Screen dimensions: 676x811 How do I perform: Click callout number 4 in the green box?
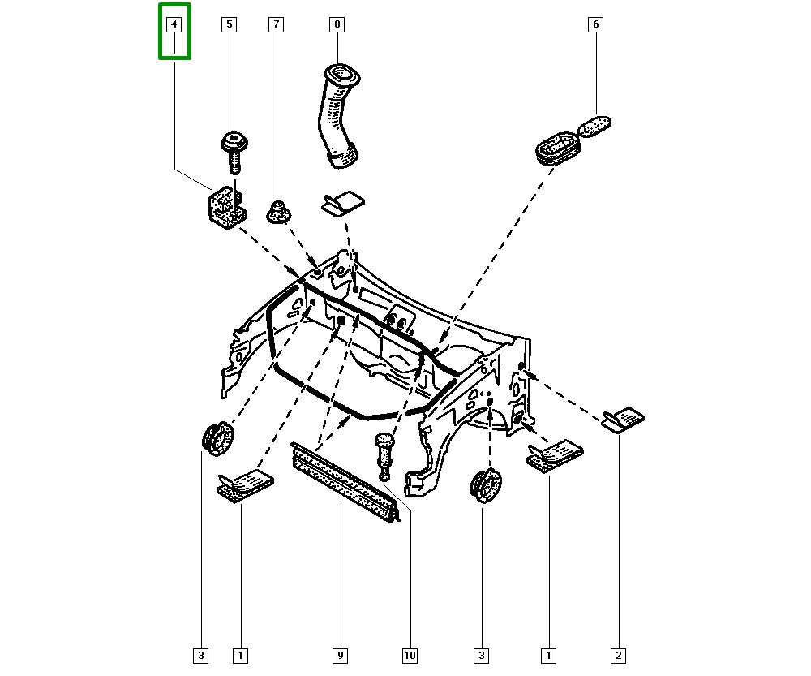click(174, 25)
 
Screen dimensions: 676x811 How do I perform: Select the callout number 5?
click(229, 25)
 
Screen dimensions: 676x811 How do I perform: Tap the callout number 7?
click(276, 25)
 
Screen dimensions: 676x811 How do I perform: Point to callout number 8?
click(337, 25)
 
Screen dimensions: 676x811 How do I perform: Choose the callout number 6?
click(595, 25)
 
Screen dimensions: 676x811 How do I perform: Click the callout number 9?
click(341, 654)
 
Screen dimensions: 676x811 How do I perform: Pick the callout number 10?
click(410, 654)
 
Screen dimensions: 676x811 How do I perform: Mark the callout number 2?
click(619, 654)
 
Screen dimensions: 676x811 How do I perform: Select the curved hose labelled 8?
click(337, 118)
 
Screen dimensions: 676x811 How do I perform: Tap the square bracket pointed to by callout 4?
click(222, 207)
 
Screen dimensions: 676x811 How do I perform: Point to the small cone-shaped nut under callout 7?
click(280, 213)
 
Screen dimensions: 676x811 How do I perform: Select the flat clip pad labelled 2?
click(624, 419)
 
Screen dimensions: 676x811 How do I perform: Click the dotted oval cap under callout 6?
click(594, 127)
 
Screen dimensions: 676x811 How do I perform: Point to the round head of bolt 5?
click(234, 141)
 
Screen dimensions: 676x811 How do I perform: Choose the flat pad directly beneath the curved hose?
click(342, 205)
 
